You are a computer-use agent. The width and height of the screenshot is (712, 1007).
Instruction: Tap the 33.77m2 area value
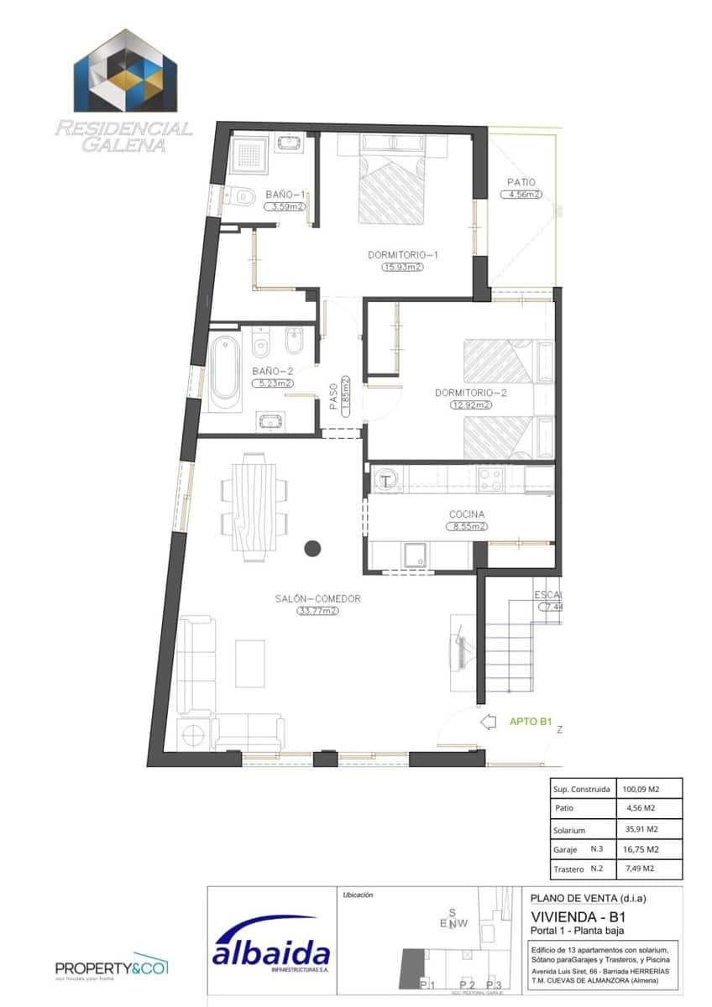(x=317, y=612)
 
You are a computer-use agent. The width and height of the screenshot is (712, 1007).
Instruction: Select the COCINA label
(x=466, y=514)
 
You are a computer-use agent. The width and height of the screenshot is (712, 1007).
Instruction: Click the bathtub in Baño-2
(x=224, y=372)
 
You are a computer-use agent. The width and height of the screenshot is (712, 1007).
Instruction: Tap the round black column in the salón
(x=312, y=549)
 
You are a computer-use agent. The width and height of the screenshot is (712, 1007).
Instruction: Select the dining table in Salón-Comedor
(x=253, y=506)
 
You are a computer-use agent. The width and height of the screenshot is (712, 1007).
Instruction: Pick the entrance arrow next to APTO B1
(x=488, y=721)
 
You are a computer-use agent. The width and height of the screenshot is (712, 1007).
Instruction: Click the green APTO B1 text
(x=530, y=721)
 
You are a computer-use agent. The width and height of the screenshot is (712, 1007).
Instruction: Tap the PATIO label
(x=521, y=182)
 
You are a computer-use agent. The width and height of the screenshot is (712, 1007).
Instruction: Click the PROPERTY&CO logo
(x=112, y=968)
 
